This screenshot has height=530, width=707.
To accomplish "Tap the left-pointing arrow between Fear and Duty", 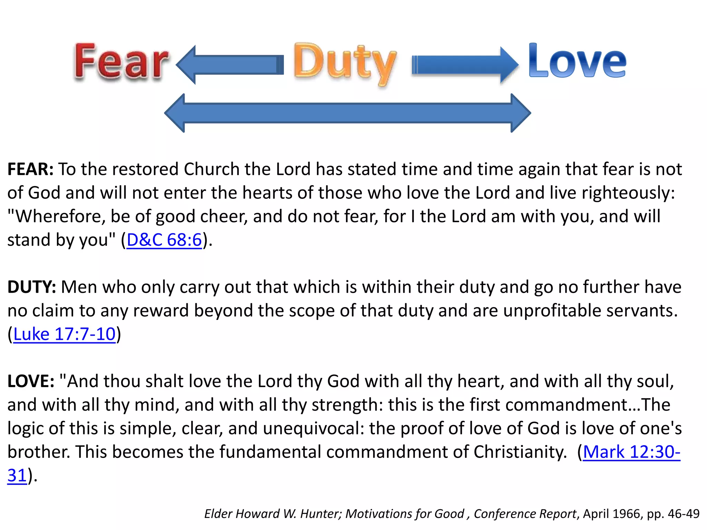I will tap(230, 65).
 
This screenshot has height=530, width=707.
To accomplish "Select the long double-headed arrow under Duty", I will tap(347, 113).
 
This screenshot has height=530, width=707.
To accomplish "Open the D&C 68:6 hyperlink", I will tap(164, 240).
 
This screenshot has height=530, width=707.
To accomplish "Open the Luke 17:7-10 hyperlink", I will tap(64, 334).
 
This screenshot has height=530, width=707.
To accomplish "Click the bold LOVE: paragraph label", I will tap(31, 381).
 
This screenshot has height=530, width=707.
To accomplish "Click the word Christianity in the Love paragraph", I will tap(520, 452).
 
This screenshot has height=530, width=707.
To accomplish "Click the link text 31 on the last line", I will tap(17, 475).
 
